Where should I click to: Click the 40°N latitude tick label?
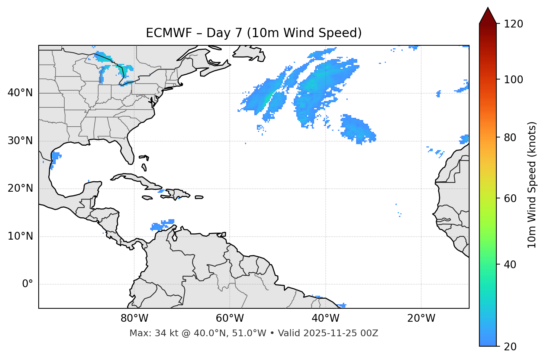(20, 93)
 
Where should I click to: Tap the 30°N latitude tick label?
(20, 141)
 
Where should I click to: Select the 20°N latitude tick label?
(20, 188)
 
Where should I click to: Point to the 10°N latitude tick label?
(20, 236)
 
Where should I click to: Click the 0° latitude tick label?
(27, 284)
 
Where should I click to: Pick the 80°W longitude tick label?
(134, 318)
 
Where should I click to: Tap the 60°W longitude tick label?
(230, 318)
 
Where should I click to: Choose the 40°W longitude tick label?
(325, 318)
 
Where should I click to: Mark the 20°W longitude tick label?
(421, 318)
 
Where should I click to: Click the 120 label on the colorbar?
(513, 24)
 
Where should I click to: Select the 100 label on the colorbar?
(513, 80)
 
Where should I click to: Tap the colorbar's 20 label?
(510, 347)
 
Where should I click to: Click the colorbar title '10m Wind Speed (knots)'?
(532, 185)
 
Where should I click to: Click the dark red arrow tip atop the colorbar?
(488, 15)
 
